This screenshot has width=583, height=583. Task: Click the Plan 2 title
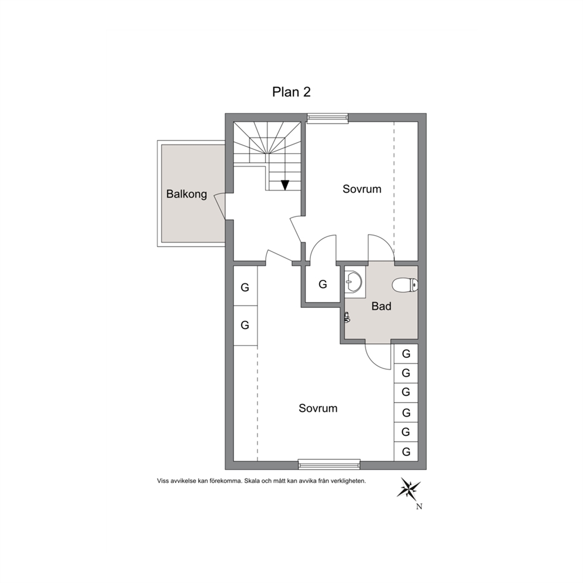291,92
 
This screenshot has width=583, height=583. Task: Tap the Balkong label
186,194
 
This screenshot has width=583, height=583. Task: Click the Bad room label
381,306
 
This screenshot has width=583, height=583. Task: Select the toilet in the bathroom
405,285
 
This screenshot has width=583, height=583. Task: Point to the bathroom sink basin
353,281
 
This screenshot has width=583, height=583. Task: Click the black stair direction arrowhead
285,185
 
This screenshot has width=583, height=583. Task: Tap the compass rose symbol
408,488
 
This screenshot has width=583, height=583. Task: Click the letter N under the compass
419,507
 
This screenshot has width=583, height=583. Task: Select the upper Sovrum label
362,189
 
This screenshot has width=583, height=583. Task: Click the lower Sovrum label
318,408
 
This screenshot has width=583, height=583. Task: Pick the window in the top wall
327,118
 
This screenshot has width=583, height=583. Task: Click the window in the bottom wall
330,464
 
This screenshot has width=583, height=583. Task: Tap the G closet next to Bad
323,284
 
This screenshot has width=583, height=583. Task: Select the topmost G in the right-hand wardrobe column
406,354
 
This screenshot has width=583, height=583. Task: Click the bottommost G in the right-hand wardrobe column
406,452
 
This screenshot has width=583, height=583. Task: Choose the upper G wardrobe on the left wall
244,287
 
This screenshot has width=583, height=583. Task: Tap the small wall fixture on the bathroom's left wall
347,317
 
